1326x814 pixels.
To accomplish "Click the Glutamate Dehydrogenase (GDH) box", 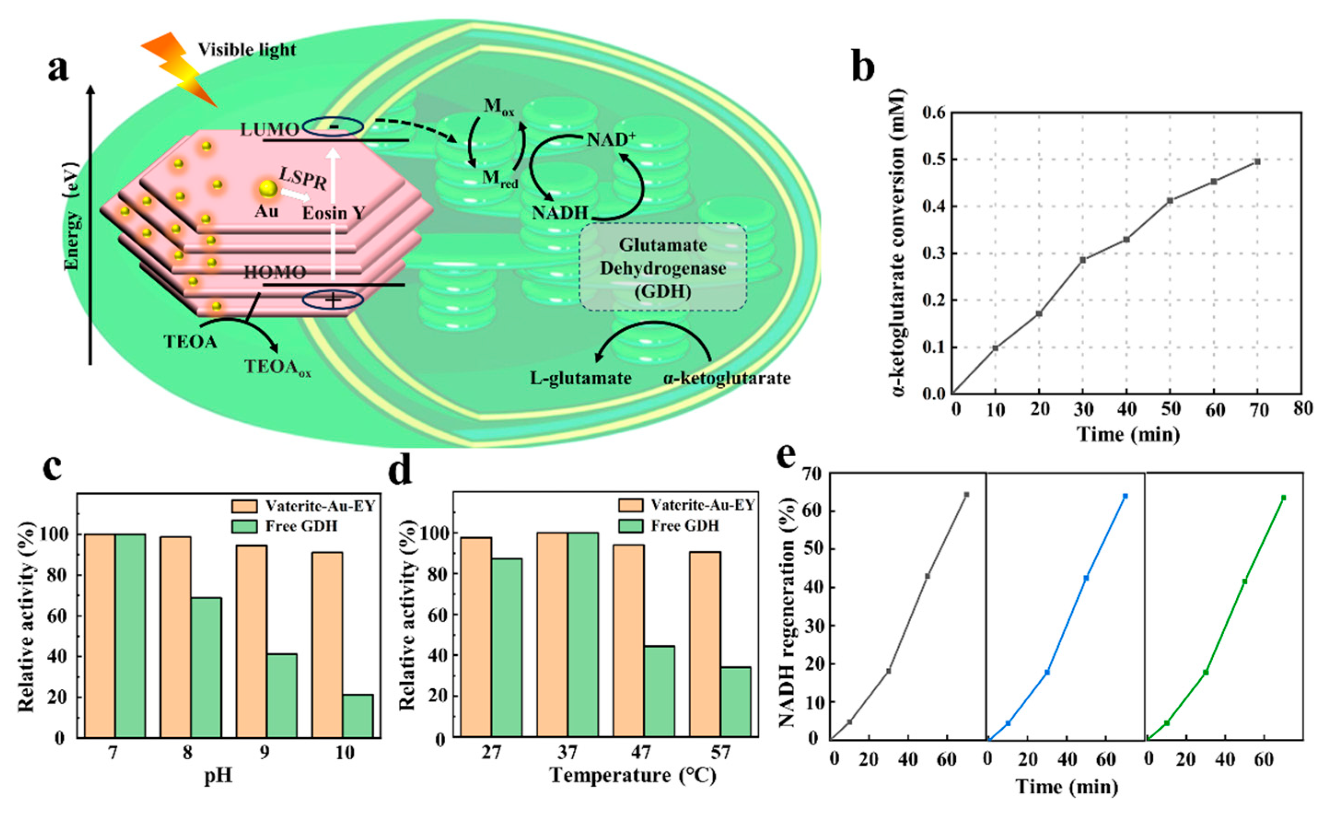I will [x=663, y=267].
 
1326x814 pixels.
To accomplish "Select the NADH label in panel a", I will [x=560, y=213].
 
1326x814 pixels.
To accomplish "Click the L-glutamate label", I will [x=581, y=378].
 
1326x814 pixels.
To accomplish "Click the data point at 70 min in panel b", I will [x=1257, y=162].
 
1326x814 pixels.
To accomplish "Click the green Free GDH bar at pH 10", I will [x=357, y=715].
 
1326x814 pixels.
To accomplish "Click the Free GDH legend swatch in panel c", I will [x=242, y=526].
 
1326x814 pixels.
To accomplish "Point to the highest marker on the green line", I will [x=1284, y=497].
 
